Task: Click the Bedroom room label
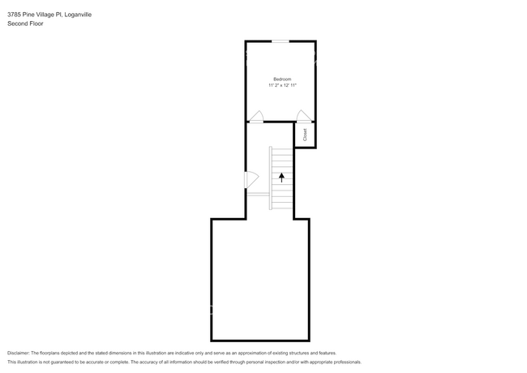tap(281, 79)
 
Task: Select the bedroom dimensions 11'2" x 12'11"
tap(282, 85)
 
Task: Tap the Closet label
tap(305, 135)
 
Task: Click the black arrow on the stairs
tap(281, 176)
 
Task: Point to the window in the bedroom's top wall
tap(280, 41)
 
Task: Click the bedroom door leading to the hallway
tap(256, 117)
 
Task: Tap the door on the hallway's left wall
tap(251, 179)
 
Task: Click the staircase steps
tap(281, 178)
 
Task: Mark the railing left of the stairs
tap(258, 195)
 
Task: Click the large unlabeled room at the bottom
tap(259, 280)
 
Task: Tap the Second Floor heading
tap(25, 24)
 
